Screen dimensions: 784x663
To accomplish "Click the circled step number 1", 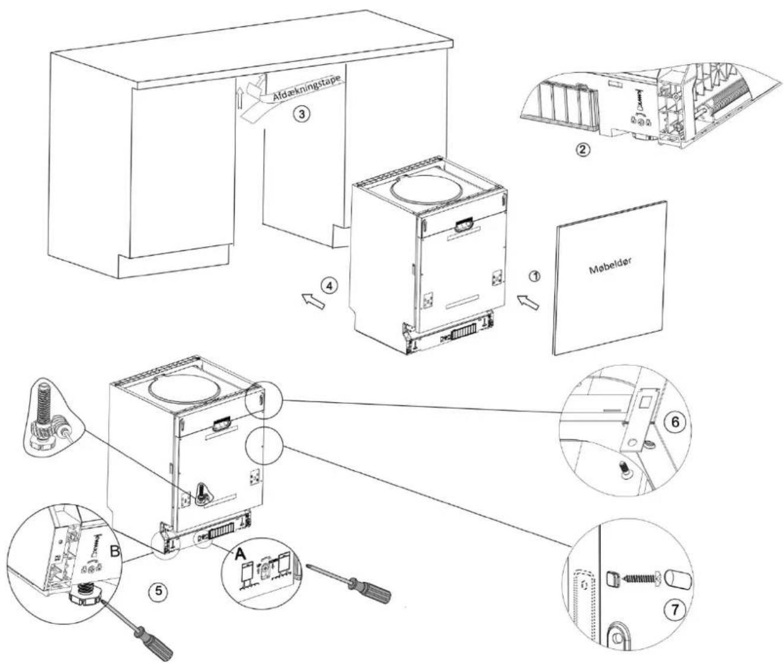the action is [535, 276].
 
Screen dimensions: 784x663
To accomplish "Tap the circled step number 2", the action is [583, 150].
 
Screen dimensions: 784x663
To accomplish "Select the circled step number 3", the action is [302, 113].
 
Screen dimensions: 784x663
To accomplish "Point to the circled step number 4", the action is [329, 286].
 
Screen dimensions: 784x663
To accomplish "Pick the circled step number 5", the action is [158, 591].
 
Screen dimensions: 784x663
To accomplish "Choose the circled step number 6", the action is [675, 422].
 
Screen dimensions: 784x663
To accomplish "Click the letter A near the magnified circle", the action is [241, 553].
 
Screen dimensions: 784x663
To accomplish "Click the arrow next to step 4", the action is [313, 301].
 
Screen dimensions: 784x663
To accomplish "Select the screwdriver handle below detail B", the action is [153, 640].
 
